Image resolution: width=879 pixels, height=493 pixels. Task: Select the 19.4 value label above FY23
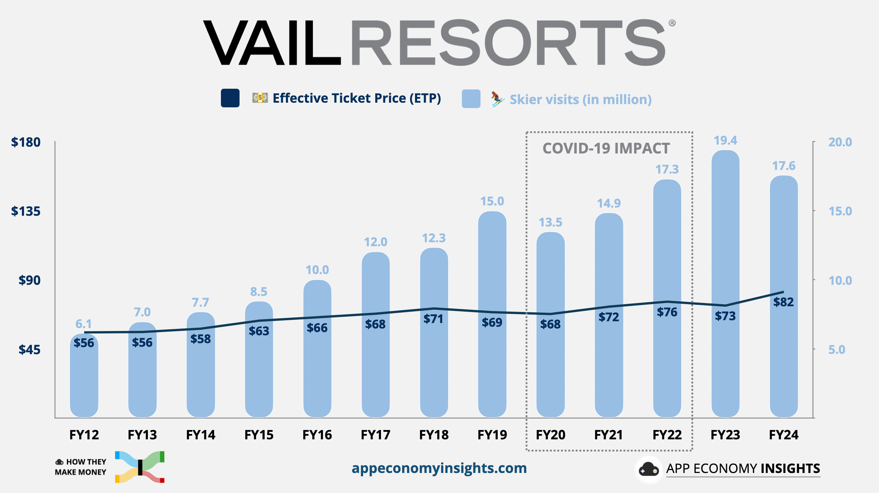click(x=725, y=140)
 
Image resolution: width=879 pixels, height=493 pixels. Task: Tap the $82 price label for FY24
click(x=783, y=302)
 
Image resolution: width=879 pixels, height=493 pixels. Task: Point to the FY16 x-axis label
click(x=317, y=435)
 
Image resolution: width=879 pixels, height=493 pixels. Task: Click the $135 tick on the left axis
click(x=26, y=211)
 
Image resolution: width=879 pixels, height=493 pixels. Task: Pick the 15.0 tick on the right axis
click(x=840, y=211)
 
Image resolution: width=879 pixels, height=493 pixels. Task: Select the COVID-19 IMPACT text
click(x=606, y=148)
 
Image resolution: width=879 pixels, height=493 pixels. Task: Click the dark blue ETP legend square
click(x=230, y=98)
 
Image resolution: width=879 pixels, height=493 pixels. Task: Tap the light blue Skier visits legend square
click(x=471, y=99)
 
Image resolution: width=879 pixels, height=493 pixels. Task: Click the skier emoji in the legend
click(x=497, y=99)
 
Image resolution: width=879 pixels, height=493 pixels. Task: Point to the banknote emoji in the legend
click(x=260, y=97)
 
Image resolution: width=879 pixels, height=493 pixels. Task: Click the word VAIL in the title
click(x=272, y=43)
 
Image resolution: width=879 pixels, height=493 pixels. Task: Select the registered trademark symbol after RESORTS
click(x=672, y=23)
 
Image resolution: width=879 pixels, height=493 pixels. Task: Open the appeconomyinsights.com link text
click(x=439, y=468)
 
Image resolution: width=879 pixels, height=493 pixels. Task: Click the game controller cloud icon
click(x=648, y=469)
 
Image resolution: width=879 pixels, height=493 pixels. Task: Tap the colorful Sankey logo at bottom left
click(x=140, y=467)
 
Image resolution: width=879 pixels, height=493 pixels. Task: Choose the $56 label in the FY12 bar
click(x=84, y=343)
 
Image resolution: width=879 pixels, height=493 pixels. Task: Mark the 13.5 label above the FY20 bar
click(x=550, y=222)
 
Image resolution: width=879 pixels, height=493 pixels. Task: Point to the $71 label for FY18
click(x=433, y=318)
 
